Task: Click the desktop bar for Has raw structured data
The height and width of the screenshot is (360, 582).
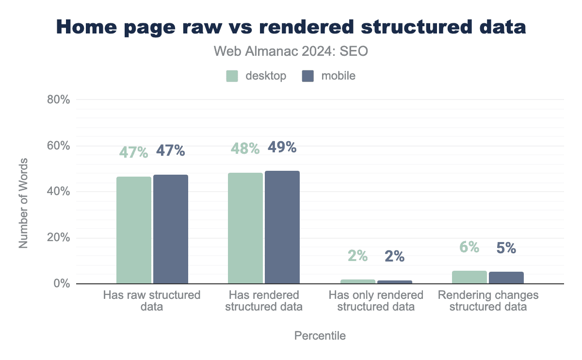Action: point(134,230)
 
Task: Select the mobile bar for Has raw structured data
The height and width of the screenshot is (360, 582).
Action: point(171,229)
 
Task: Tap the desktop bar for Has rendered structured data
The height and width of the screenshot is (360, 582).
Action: point(245,228)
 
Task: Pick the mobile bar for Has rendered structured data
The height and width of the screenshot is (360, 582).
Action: point(282,227)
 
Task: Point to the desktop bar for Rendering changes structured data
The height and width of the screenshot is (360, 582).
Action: point(469,278)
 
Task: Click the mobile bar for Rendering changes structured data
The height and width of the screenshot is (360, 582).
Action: point(506,278)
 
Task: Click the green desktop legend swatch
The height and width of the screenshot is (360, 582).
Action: point(232,76)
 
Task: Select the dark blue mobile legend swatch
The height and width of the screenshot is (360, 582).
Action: point(307,76)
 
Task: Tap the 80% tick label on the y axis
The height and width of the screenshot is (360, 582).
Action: point(59,100)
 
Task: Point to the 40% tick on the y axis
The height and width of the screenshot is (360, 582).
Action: point(59,192)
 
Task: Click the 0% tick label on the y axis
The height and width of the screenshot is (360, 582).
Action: point(62,284)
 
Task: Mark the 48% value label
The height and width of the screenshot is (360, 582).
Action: point(245,148)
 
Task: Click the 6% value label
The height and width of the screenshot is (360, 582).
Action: point(469,247)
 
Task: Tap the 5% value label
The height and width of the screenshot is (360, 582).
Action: point(506,248)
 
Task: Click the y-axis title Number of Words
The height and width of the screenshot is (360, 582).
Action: point(23,203)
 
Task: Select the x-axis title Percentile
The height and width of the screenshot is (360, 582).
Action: point(320,336)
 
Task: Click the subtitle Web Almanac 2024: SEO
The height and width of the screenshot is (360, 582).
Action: point(291,51)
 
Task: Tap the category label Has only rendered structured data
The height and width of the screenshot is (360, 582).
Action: point(376,301)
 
